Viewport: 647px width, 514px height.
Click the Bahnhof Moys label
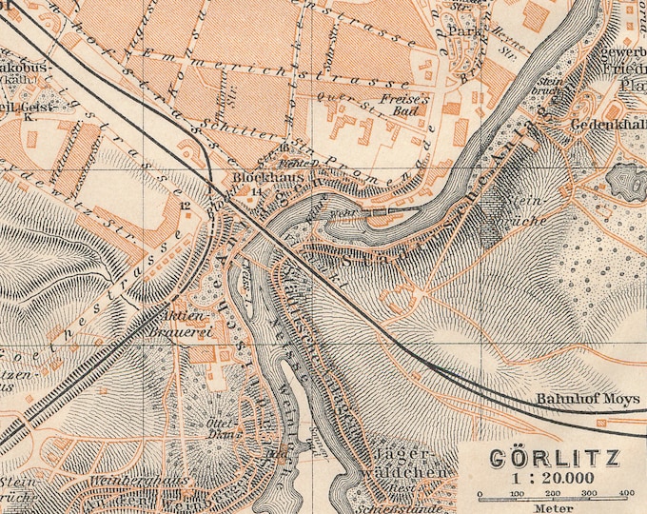[571, 400]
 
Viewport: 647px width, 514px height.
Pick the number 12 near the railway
[185, 205]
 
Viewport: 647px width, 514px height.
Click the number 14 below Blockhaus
[255, 191]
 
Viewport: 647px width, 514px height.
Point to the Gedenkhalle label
[609, 125]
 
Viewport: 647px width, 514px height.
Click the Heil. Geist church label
[19, 107]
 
